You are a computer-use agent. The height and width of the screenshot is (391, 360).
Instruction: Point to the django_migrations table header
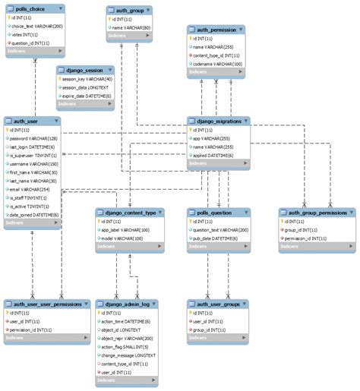click(219, 121)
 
